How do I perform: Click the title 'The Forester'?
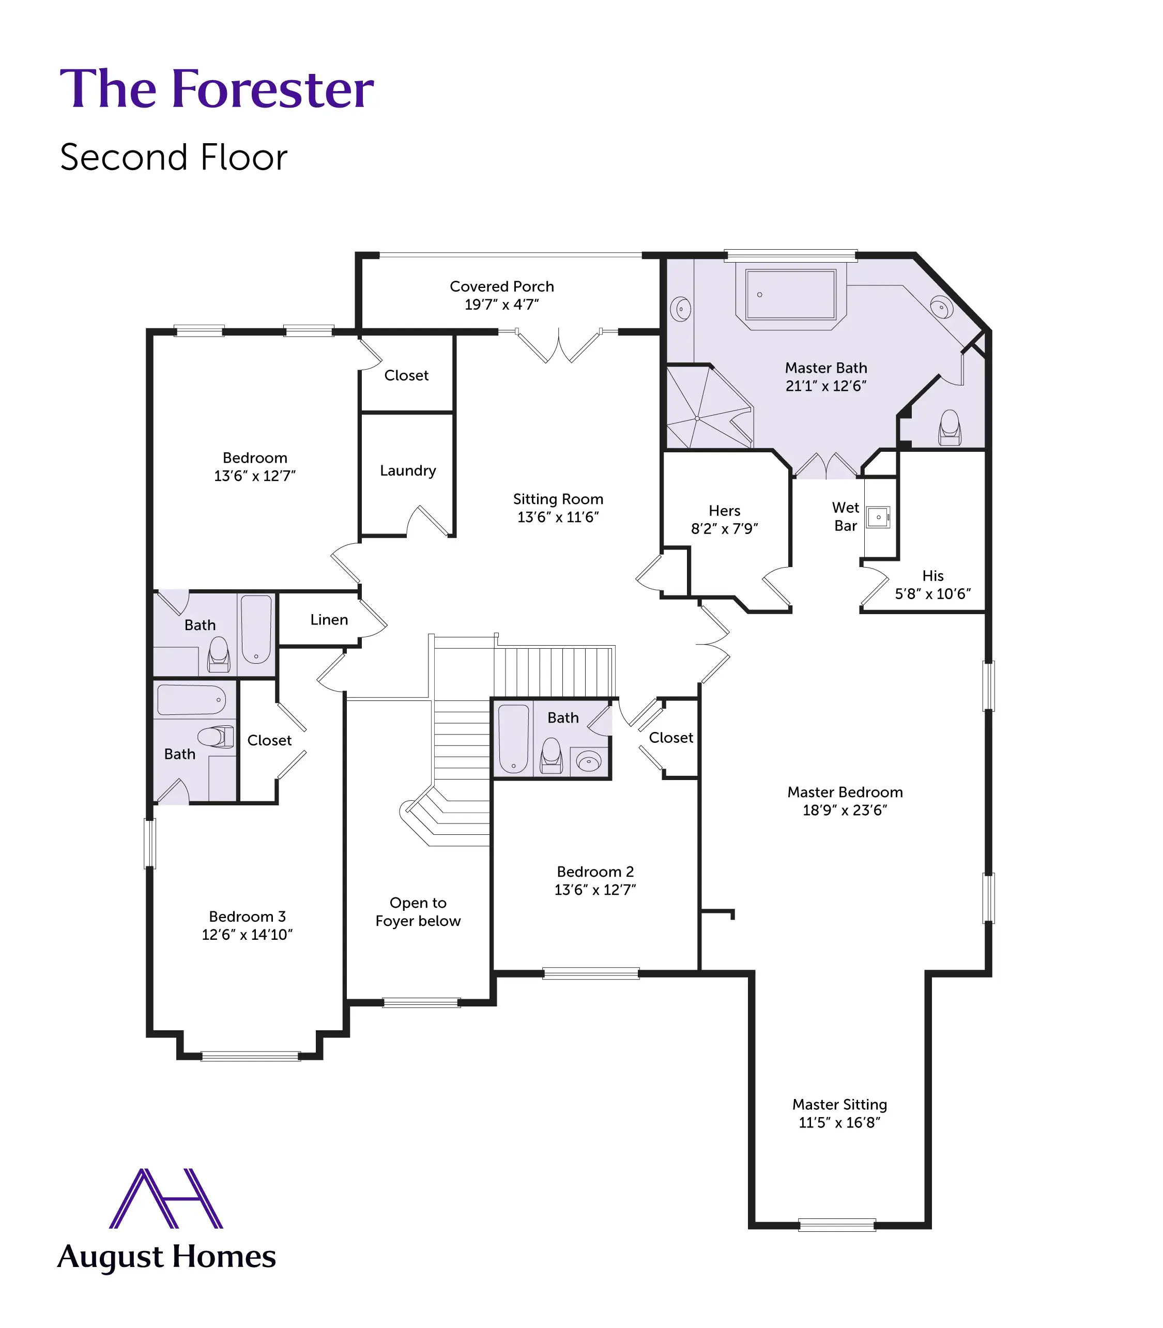click(x=217, y=89)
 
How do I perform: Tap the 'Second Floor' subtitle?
click(x=173, y=158)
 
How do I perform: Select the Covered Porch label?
click(x=502, y=286)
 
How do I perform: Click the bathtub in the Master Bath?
click(x=790, y=295)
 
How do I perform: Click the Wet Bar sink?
click(x=878, y=517)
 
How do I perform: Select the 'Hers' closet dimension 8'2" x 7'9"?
click(x=724, y=529)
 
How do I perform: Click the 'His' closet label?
click(x=932, y=576)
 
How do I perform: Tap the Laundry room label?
click(x=408, y=470)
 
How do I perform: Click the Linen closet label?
click(x=329, y=620)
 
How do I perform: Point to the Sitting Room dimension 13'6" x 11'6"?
click(x=558, y=517)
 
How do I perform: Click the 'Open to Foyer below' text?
click(x=418, y=911)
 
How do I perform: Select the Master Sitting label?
click(x=839, y=1104)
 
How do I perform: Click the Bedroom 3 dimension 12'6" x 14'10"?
click(x=247, y=935)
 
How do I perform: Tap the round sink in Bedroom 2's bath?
click(x=589, y=761)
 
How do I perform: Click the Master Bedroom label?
click(x=845, y=792)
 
